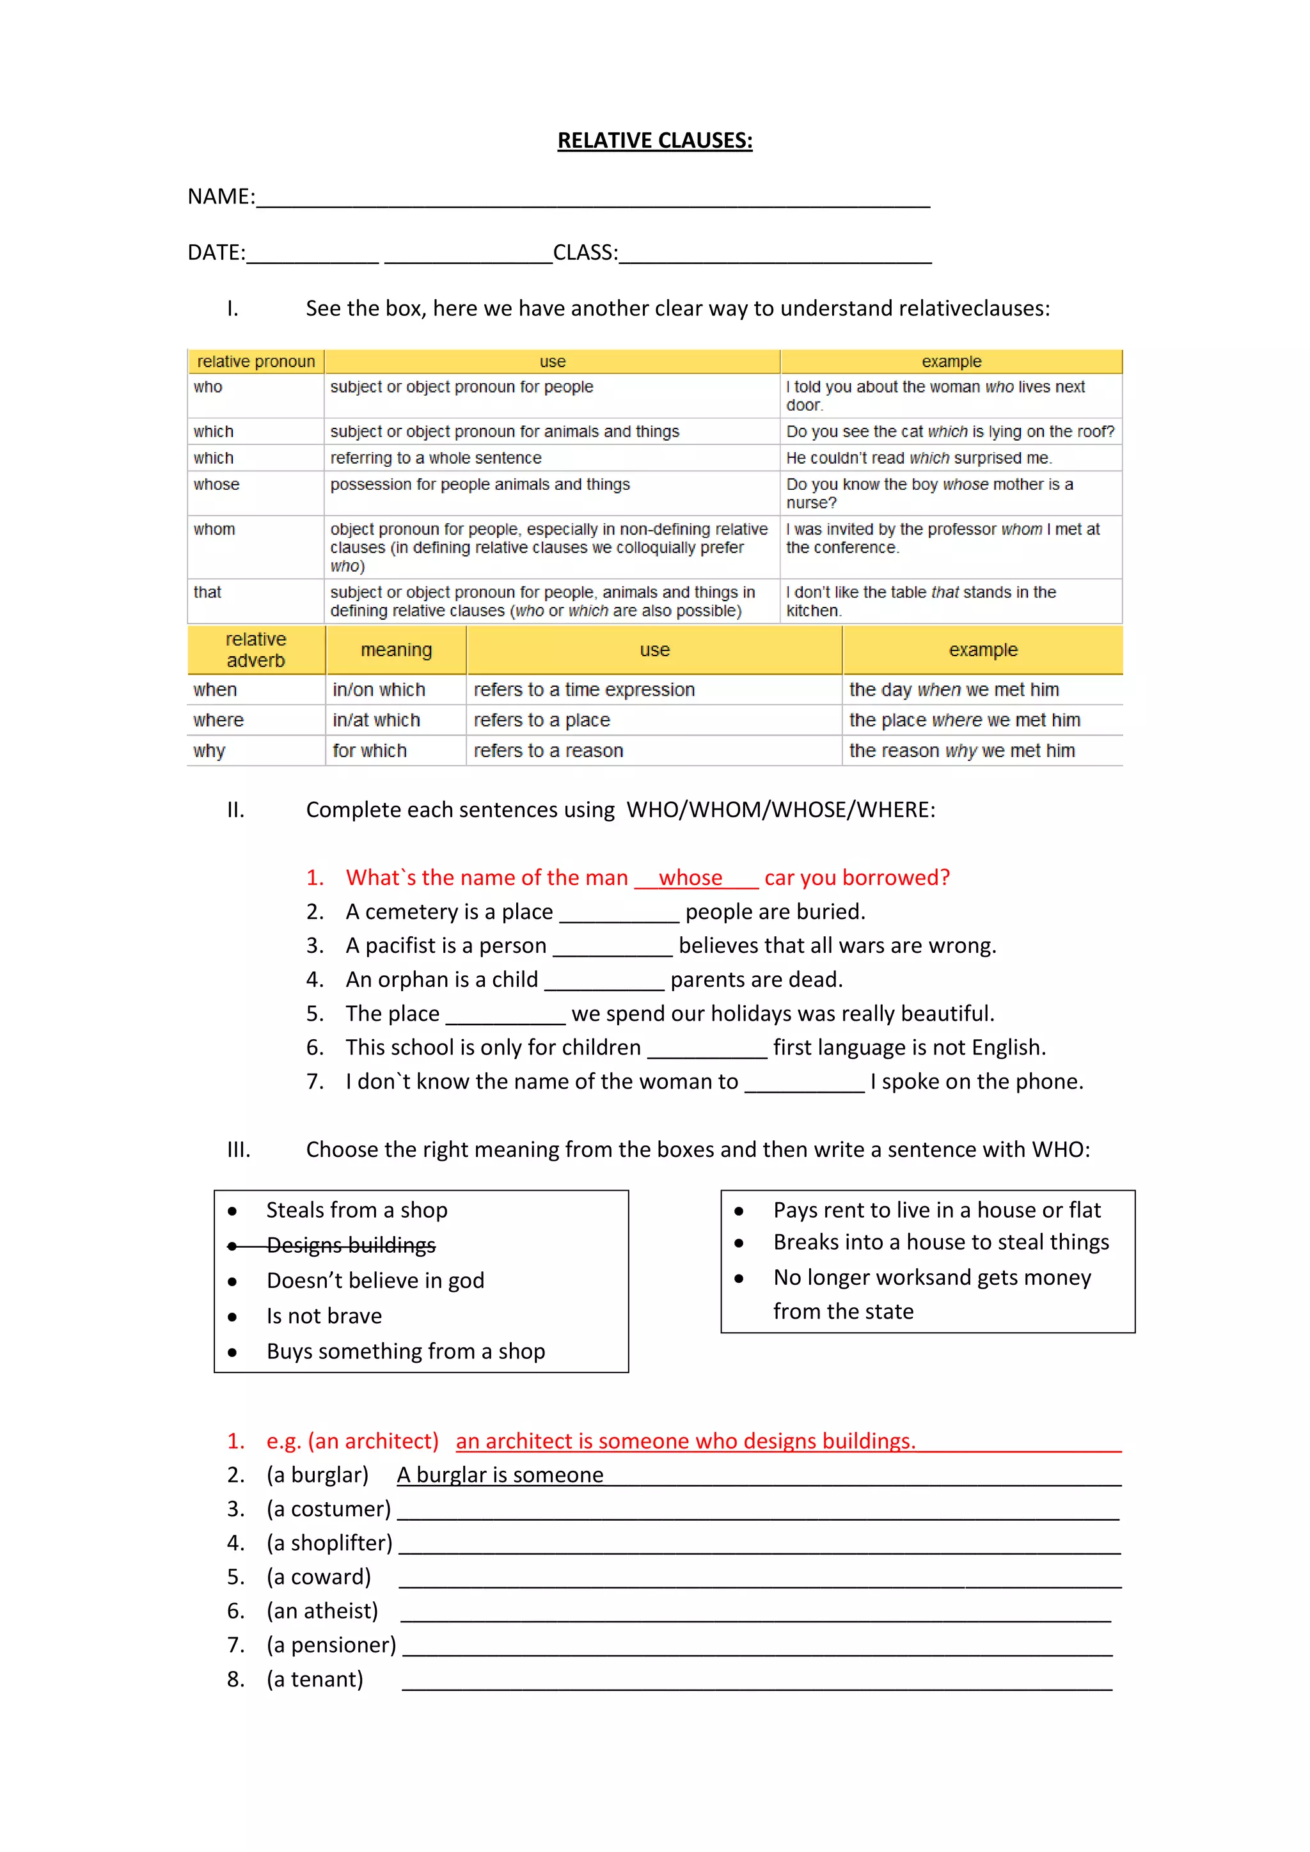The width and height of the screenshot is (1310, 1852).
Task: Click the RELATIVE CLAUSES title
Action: click(654, 140)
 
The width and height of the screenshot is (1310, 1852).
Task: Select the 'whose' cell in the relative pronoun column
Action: click(216, 485)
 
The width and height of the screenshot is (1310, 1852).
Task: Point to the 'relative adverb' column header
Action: click(256, 650)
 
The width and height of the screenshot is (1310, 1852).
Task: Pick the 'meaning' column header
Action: click(396, 650)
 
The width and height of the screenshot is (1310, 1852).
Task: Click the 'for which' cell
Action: click(370, 751)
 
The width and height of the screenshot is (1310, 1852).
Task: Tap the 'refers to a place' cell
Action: click(541, 720)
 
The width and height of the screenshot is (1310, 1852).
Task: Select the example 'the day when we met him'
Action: click(954, 689)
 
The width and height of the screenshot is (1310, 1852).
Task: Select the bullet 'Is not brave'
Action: click(324, 1316)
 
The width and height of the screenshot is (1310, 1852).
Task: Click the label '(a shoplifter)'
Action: click(329, 1543)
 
